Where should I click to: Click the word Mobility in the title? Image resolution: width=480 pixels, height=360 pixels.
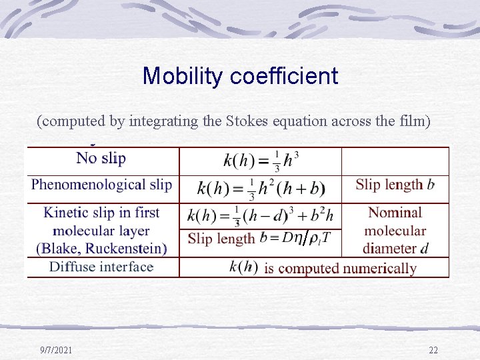[183, 76]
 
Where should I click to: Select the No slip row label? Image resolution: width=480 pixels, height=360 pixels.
[101, 158]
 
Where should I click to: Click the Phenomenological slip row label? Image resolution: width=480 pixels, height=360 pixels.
[101, 185]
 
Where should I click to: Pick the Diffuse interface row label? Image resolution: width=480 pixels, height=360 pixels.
[101, 267]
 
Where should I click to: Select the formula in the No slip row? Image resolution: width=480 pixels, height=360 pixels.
[261, 161]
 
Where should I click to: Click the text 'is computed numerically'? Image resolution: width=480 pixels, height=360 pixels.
[340, 268]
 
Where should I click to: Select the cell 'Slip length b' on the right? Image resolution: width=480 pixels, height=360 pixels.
[395, 185]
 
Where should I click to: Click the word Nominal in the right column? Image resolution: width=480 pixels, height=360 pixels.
[395, 213]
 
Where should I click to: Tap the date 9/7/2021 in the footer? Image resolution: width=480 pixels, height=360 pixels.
[57, 350]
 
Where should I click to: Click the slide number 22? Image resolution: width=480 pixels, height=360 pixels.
[433, 350]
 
